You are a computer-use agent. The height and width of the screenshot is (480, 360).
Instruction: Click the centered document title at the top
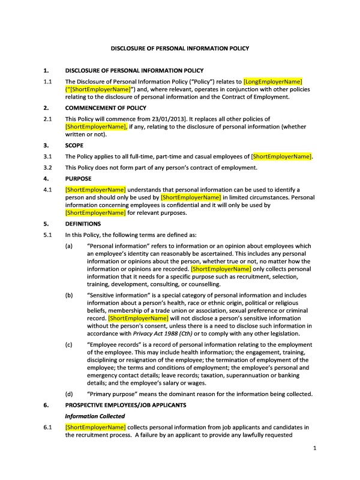(x=181, y=47)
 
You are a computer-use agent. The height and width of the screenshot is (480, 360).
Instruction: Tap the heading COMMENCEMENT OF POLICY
(x=106, y=108)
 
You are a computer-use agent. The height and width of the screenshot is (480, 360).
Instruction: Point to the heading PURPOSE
(x=77, y=179)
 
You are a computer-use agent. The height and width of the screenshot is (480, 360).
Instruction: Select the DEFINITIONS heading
(x=83, y=223)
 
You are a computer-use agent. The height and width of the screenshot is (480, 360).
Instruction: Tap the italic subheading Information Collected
(x=95, y=416)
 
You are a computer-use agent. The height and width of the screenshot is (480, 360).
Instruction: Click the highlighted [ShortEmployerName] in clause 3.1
(x=282, y=157)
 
